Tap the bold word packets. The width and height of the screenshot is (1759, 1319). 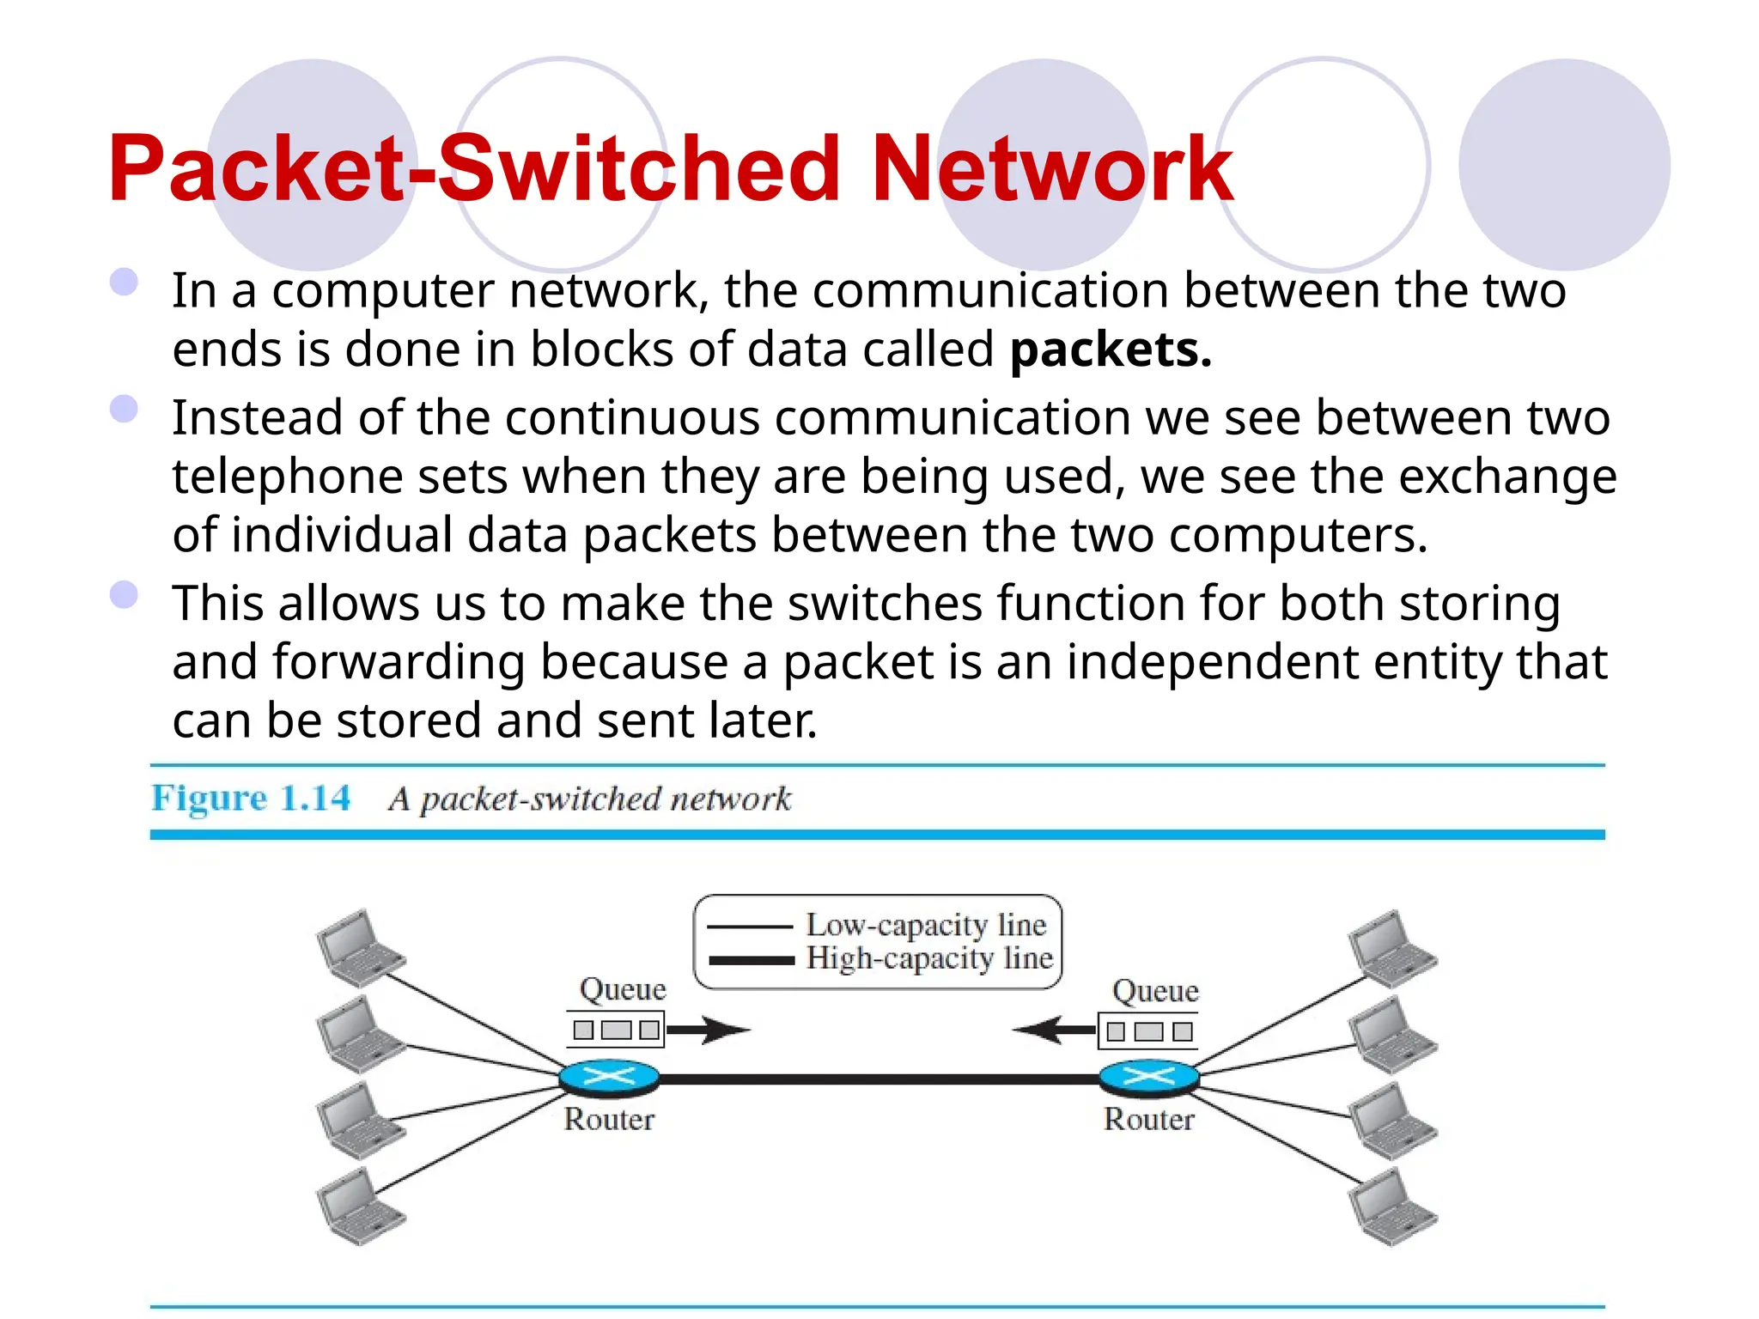[1110, 350]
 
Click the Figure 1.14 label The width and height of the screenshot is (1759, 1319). [251, 799]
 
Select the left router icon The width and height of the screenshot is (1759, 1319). [609, 1077]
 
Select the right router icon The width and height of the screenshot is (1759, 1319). [1148, 1077]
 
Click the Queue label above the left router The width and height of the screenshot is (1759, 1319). [623, 989]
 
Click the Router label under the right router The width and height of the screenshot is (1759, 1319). [1148, 1120]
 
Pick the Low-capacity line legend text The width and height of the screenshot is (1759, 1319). [926, 925]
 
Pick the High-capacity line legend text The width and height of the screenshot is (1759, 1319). [929, 958]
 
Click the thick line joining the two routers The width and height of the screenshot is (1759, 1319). [876, 1079]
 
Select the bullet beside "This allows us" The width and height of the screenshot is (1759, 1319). [125, 594]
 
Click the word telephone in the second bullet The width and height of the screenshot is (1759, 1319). [287, 477]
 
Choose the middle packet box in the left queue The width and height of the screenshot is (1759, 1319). [616, 1030]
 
